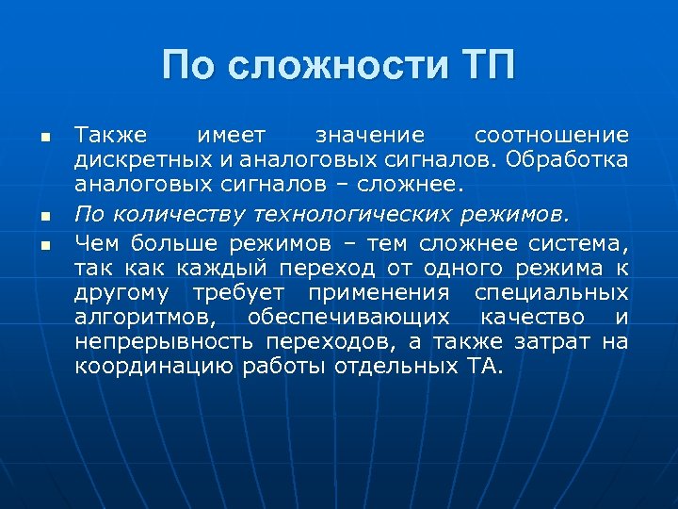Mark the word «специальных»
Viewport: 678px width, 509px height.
pos(551,293)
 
